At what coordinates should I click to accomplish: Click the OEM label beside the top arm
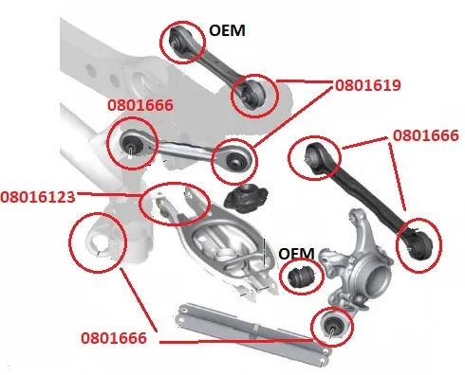[x=227, y=30]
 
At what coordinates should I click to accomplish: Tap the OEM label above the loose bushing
[x=296, y=254]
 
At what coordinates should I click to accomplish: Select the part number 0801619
[x=368, y=85]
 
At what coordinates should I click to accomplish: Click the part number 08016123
[x=38, y=197]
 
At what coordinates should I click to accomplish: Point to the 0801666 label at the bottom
[x=114, y=338]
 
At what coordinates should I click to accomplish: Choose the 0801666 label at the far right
[x=426, y=135]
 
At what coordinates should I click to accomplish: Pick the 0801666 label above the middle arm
[x=140, y=105]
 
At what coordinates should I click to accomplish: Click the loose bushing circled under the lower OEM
[x=300, y=276]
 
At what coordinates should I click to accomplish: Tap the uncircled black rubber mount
[x=246, y=199]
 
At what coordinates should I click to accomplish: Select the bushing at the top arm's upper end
[x=176, y=40]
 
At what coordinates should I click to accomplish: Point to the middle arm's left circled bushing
[x=132, y=144]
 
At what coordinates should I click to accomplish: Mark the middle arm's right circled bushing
[x=235, y=161]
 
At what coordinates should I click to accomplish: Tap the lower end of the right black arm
[x=418, y=244]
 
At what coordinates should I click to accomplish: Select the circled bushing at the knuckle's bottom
[x=332, y=326]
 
